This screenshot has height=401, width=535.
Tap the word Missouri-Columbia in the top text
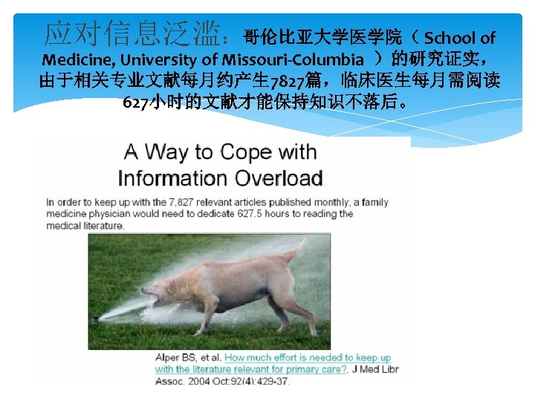click(x=300, y=59)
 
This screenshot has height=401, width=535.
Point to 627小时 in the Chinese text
click(x=152, y=101)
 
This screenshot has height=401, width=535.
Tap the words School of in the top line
click(x=459, y=37)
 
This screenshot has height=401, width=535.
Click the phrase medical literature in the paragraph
click(x=84, y=226)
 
